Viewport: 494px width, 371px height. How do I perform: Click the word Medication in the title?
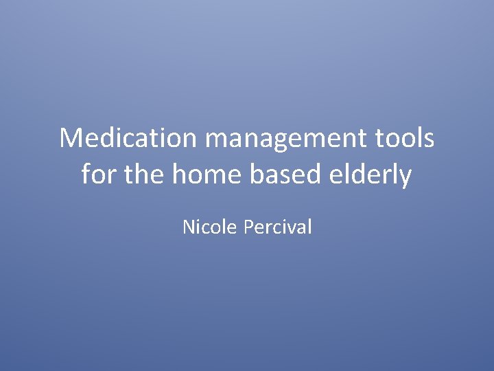coord(128,139)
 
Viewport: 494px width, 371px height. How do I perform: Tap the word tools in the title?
coord(405,139)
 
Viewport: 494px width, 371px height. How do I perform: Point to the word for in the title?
coord(97,175)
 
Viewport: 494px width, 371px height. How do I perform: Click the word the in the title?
coord(143,175)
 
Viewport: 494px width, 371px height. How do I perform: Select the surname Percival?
coord(278,227)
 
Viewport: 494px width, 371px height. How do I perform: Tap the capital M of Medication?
coord(70,139)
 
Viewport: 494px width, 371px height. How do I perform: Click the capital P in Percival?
coord(249,227)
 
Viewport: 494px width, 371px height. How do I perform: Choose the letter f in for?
coord(86,174)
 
